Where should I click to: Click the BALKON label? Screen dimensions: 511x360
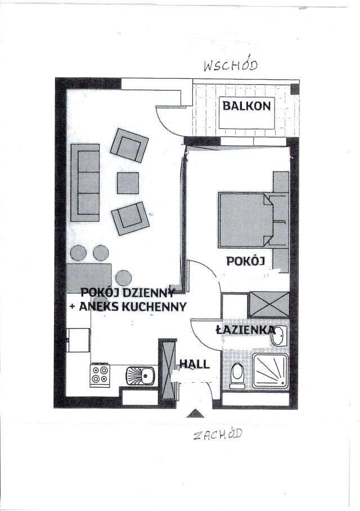(x=246, y=105)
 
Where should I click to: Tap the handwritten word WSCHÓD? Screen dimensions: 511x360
(x=230, y=66)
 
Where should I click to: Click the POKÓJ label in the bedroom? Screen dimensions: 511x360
(x=245, y=261)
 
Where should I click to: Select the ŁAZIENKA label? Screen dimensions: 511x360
(x=245, y=330)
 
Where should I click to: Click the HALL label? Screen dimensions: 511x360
(x=195, y=364)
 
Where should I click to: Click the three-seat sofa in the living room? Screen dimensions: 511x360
(x=85, y=183)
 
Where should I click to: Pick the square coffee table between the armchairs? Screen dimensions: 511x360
(x=128, y=183)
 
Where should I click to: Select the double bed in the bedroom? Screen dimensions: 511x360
(x=247, y=220)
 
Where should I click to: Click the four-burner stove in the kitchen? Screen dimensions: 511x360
(x=100, y=375)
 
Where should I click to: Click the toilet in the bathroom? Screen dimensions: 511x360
(x=237, y=374)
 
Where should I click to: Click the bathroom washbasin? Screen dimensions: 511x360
(x=279, y=335)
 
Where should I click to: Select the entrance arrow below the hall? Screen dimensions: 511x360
(x=195, y=414)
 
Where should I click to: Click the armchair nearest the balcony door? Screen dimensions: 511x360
(x=129, y=145)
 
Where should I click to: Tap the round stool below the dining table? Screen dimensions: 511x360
(x=123, y=277)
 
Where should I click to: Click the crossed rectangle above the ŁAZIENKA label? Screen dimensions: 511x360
(x=269, y=304)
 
